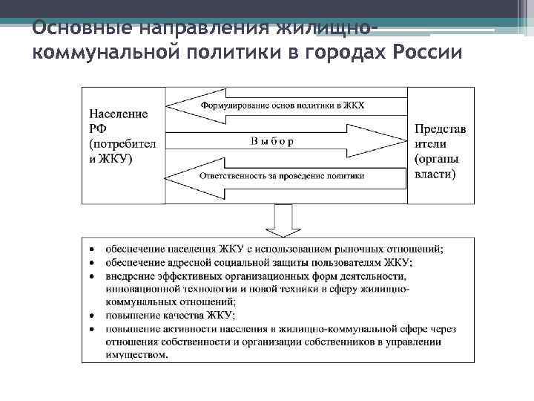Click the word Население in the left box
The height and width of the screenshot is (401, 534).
coord(119,114)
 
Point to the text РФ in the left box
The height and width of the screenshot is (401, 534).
coord(99,128)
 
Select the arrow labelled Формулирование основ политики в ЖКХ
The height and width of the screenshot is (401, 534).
coord(286,106)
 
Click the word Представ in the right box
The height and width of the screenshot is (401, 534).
coord(441,128)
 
